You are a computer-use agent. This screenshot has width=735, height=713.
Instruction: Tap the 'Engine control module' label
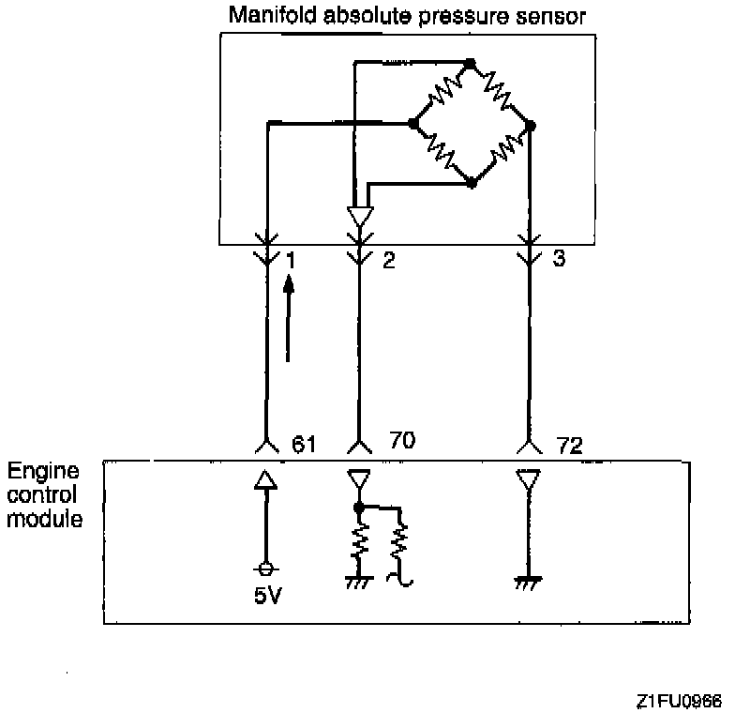pos(43,494)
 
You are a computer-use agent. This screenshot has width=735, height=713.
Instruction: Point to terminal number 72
pos(569,444)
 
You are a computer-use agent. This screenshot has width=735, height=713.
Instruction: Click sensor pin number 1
pos(291,259)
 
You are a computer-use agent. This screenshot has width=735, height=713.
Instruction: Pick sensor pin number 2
pos(388,260)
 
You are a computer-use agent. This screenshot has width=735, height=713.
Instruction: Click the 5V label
pos(266,597)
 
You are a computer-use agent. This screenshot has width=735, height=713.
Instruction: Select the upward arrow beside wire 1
pos(290,324)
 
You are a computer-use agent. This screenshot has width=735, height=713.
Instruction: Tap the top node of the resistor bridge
pos(471,64)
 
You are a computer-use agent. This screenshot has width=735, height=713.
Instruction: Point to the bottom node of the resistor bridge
pos(472,184)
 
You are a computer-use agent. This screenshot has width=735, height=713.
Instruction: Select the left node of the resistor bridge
pos(412,123)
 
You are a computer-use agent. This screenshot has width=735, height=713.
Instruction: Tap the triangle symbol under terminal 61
pos(266,480)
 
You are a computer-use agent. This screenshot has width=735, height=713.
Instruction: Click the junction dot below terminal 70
pos(359,508)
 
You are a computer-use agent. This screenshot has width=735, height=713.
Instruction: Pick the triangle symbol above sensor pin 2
pos(359,216)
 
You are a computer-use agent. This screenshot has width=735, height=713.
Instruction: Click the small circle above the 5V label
pos(266,569)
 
